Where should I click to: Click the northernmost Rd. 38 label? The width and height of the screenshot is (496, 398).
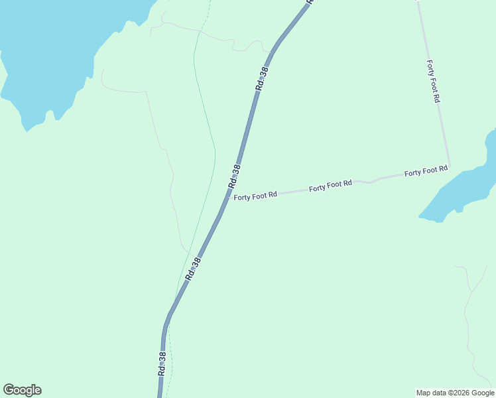(262, 79)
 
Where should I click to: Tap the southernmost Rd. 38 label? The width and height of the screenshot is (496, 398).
(162, 364)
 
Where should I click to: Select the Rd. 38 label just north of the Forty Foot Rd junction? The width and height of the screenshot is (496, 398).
(234, 175)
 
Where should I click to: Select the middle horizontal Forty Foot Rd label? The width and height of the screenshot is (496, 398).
(330, 186)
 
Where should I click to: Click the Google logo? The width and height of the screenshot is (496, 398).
(23, 390)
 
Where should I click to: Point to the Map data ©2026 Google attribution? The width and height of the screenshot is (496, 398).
(455, 393)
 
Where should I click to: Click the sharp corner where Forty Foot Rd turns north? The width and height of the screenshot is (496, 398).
(450, 166)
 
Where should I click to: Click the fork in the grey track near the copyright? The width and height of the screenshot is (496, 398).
(469, 291)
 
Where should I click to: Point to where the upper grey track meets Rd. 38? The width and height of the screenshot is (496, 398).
(271, 51)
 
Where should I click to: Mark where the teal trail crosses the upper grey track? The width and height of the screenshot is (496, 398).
(199, 31)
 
